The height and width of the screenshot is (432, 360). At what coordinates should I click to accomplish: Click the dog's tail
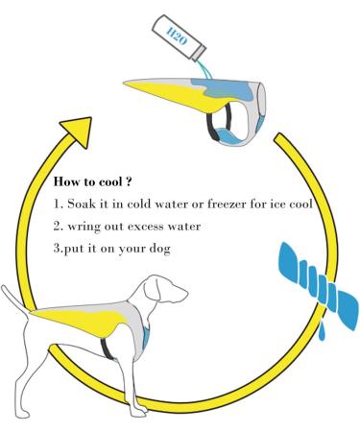(19, 300)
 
